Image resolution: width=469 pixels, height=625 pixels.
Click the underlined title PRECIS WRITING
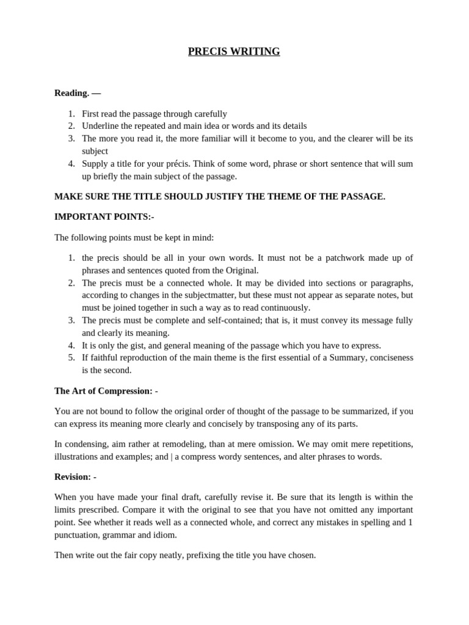[234, 52]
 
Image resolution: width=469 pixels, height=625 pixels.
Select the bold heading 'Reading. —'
[78, 93]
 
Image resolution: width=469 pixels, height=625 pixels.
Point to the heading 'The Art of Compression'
[103, 391]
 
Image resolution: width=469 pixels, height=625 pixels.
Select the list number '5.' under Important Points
[71, 358]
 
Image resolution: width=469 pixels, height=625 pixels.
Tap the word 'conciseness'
[387, 358]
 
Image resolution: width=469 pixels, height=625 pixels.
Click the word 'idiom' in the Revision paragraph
[164, 535]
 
